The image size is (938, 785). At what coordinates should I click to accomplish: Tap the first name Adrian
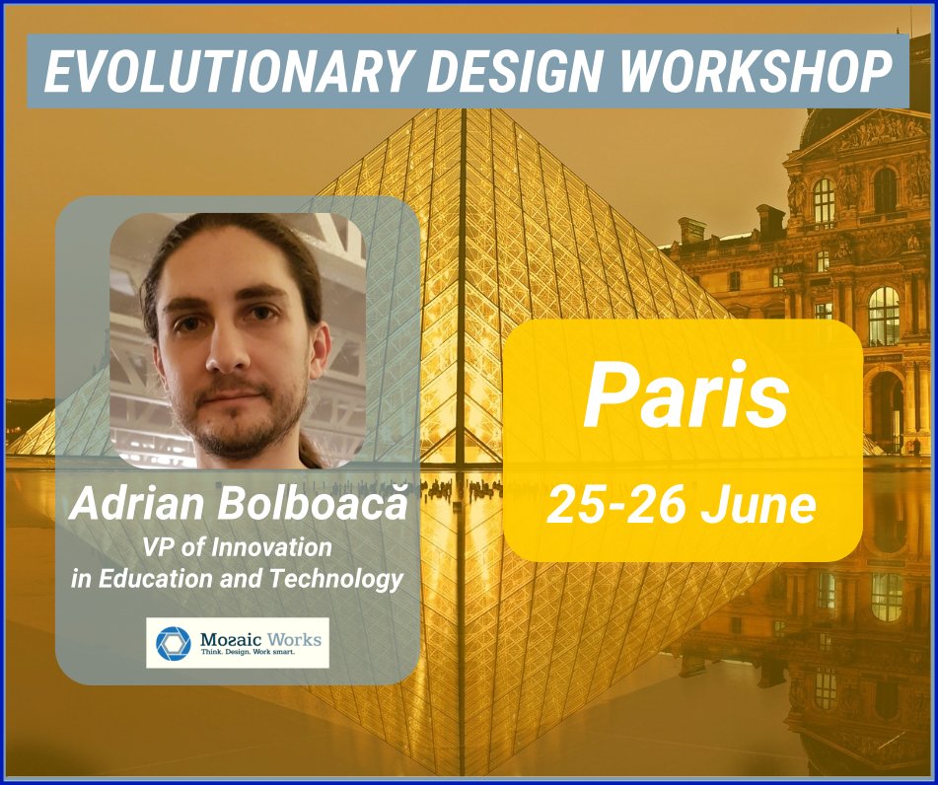134,504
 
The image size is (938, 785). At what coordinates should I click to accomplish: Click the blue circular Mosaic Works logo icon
173,643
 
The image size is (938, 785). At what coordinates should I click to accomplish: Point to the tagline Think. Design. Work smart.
261,655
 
